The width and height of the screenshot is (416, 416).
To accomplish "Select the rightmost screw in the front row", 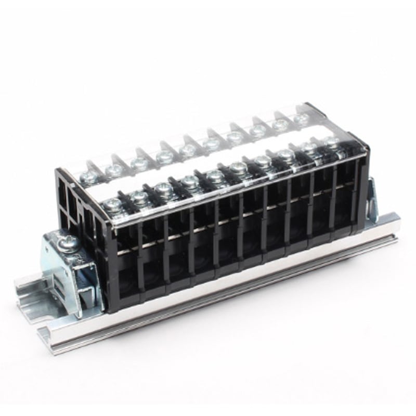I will tap(329, 141).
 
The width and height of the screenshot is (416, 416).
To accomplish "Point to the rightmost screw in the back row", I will tap(300, 119).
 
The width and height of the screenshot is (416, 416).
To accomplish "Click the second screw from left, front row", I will tap(138, 197).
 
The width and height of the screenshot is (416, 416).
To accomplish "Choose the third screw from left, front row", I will tap(162, 188).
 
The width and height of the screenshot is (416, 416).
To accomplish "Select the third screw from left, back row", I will tap(138, 162).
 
